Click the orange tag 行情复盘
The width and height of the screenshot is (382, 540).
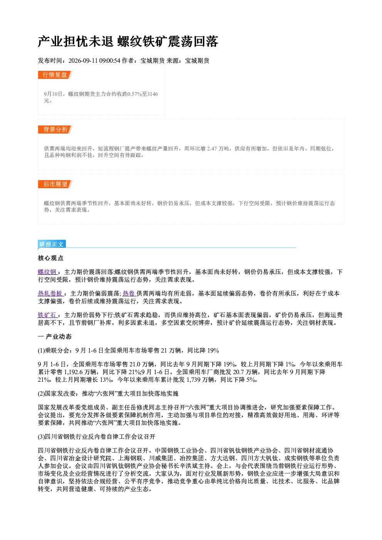click(x=55, y=75)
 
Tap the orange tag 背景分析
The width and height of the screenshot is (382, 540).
click(x=55, y=129)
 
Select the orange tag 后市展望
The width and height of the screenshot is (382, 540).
click(x=55, y=184)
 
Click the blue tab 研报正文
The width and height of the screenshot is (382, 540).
click(x=52, y=244)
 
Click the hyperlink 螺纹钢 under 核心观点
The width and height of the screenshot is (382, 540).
click(x=47, y=272)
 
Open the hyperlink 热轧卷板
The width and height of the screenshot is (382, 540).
click(x=50, y=293)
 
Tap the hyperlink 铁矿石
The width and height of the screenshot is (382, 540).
click(x=47, y=315)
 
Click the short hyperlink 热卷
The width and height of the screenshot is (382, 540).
click(x=129, y=293)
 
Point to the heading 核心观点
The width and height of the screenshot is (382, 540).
click(x=51, y=258)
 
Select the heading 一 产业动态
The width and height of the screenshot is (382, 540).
click(x=55, y=336)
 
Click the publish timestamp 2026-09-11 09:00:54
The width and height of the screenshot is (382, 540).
click(x=94, y=60)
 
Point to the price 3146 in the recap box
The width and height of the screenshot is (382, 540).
click(x=152, y=94)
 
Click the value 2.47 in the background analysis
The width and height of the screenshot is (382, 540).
click(x=212, y=149)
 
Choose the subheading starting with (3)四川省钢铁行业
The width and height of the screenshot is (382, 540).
click(x=97, y=436)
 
